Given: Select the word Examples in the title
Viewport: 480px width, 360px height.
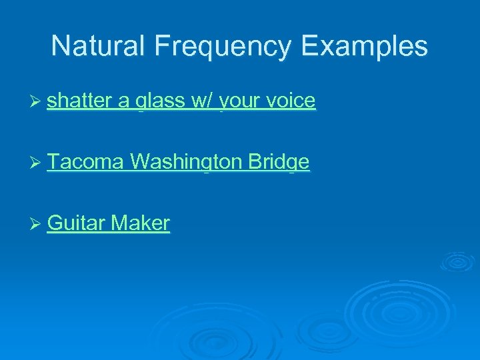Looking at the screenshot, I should pos(364,47).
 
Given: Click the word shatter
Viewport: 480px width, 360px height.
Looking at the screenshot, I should pos(79,101).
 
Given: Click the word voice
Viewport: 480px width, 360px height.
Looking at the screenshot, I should pos(290,101).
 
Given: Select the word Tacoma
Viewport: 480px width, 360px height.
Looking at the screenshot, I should pos(86,162).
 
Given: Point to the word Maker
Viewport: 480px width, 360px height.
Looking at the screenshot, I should pos(141,223).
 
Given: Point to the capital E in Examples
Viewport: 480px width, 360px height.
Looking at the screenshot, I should pos(309,47).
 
